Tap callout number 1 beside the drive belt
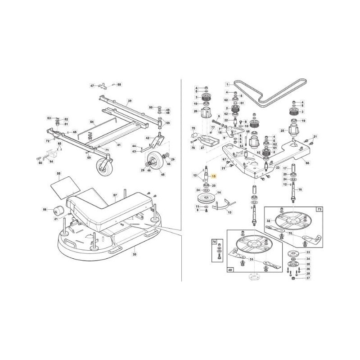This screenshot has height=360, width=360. tap(228, 84)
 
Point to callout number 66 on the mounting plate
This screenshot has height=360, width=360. tap(307, 163)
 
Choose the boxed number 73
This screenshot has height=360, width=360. tap(319, 210)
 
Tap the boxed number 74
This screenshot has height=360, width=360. tap(214, 242)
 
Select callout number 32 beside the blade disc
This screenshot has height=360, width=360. tap(268, 221)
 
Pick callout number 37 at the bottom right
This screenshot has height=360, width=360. tap(308, 279)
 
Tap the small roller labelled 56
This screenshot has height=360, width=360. tap(57, 210)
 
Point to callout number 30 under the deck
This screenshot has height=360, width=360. tap(134, 255)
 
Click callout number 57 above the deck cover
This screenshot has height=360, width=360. tap(115, 195)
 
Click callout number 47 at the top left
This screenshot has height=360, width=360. tap(92, 85)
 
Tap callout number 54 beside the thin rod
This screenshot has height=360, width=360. tap(91, 122)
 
